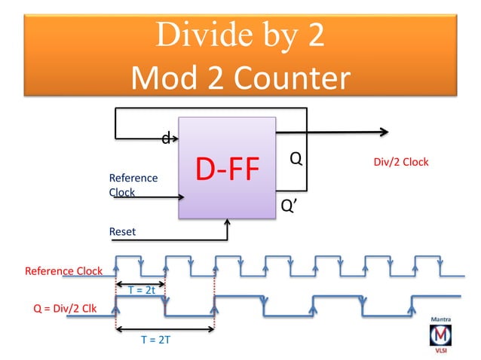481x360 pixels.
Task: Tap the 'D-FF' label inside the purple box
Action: [227, 170]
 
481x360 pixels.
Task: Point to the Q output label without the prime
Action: [296, 159]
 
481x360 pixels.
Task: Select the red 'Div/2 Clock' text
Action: [401, 163]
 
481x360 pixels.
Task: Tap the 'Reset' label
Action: [123, 232]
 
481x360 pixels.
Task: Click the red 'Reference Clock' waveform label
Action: [64, 271]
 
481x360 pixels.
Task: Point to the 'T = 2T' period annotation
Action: [156, 340]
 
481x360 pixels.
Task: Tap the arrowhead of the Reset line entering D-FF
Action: [228, 222]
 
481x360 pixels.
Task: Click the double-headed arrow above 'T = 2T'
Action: [165, 329]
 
